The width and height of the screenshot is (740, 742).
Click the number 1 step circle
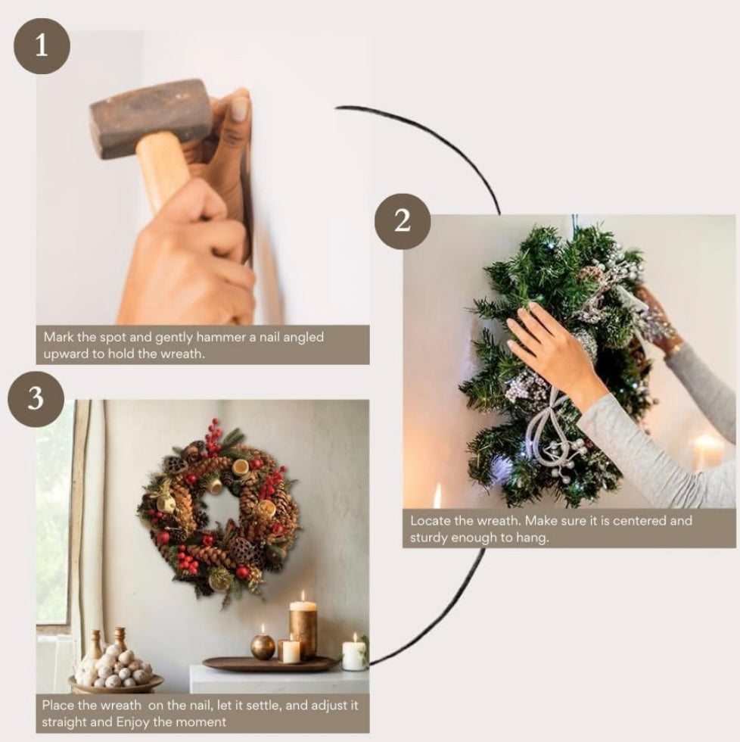click(x=42, y=46)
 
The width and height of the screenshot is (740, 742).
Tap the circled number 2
click(x=403, y=221)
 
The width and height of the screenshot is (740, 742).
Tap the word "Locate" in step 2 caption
click(x=429, y=521)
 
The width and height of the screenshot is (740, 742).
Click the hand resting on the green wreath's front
click(x=549, y=344)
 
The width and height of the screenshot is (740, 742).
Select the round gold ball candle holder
click(x=263, y=646)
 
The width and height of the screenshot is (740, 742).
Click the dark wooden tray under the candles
click(x=269, y=664)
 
